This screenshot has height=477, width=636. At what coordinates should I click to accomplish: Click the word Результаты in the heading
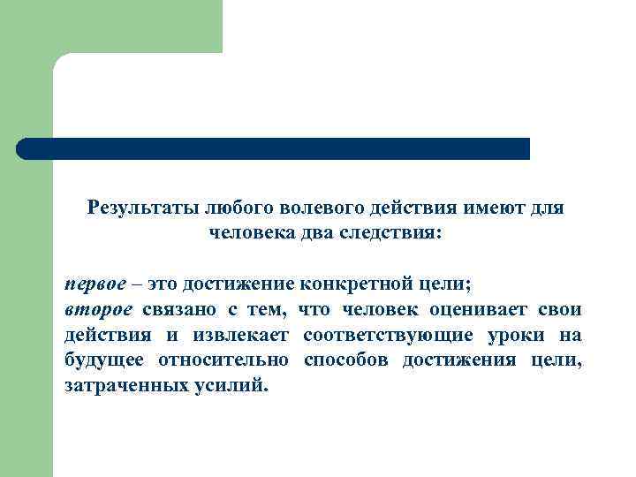tap(143, 208)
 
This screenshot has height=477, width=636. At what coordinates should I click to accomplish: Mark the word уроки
tap(517, 335)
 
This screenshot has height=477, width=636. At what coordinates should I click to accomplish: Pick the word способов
tap(345, 360)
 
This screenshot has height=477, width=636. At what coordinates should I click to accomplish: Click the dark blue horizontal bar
tap(274, 148)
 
